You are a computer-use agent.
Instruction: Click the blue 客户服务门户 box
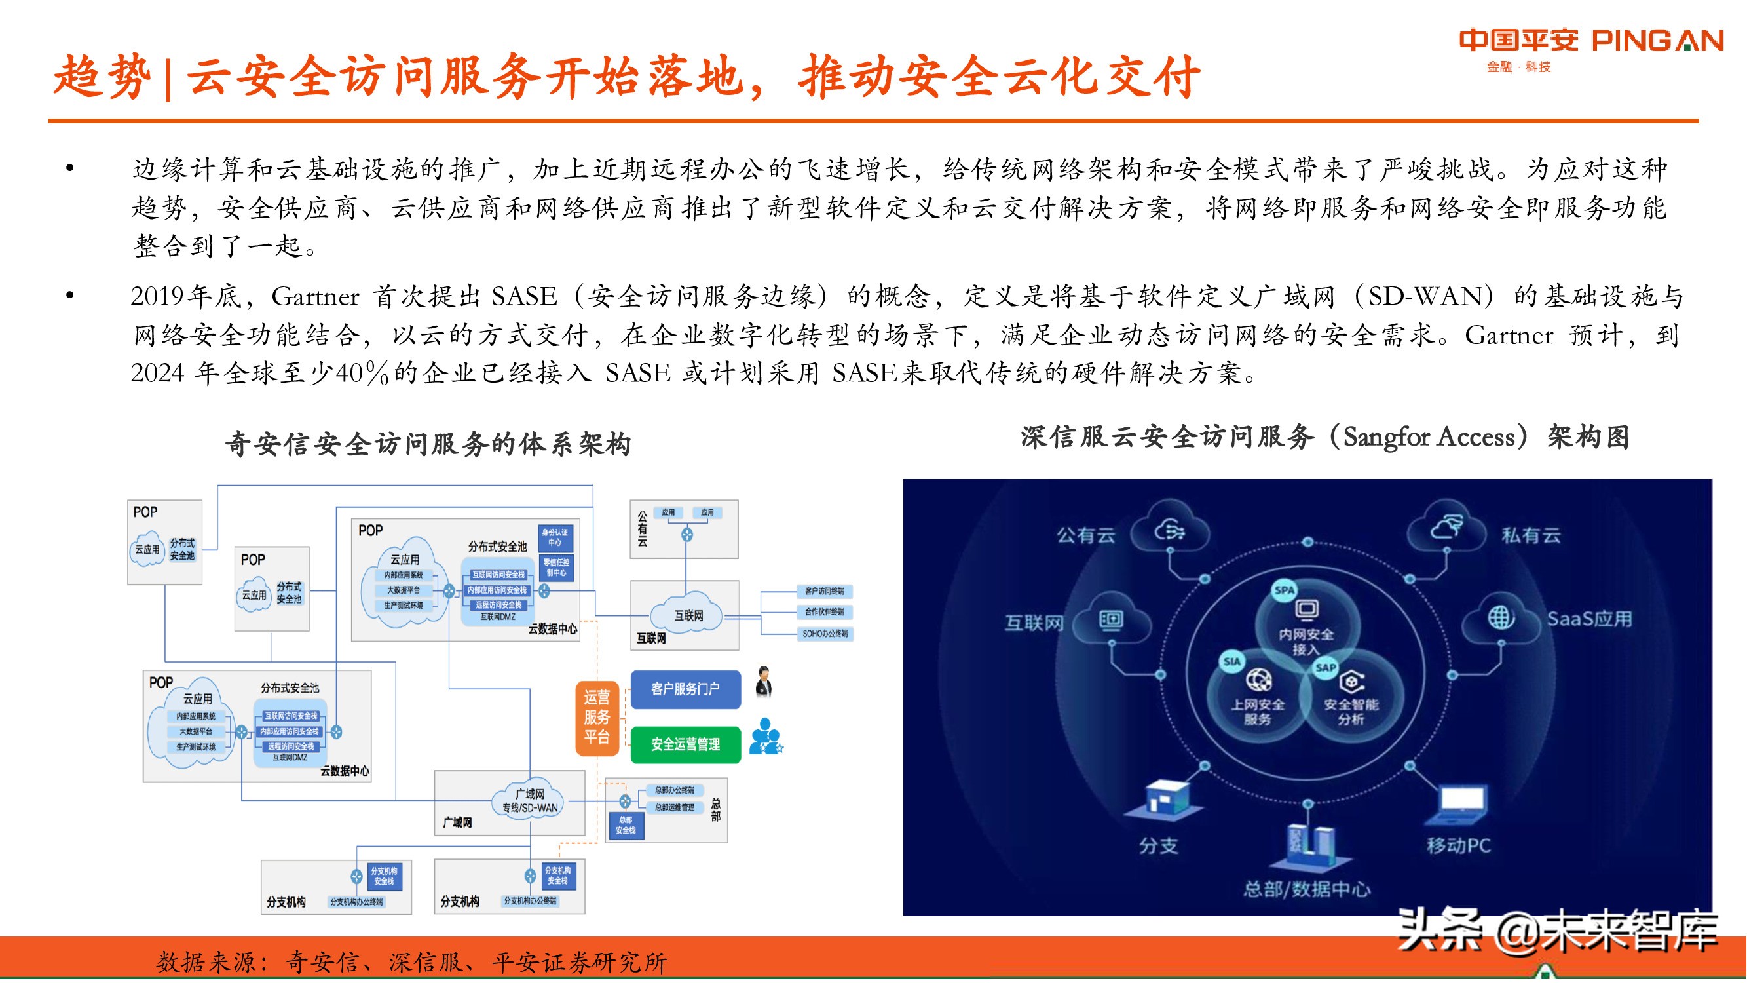(685, 689)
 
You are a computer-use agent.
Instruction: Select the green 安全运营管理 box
(685, 744)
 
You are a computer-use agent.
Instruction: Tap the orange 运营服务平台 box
(597, 717)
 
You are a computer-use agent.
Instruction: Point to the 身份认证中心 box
(555, 537)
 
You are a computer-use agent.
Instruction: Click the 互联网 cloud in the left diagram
(688, 615)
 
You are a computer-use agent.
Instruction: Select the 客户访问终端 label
(824, 591)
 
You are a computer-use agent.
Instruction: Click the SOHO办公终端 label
(825, 634)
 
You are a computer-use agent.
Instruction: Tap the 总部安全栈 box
(626, 825)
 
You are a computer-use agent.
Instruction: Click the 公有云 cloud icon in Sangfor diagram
(1171, 531)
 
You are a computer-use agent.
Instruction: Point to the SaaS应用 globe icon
(1501, 617)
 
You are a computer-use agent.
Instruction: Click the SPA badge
(1285, 590)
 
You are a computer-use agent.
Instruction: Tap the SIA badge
(1232, 661)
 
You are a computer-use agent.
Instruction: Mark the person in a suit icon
(764, 681)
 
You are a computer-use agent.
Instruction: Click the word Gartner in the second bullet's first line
(315, 296)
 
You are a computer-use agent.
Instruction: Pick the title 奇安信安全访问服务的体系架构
(428, 444)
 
